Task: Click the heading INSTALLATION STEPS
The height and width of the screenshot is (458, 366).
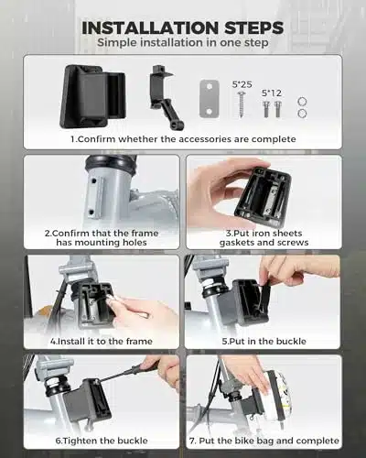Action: coord(183,27)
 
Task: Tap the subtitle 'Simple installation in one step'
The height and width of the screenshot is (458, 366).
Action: coord(183,42)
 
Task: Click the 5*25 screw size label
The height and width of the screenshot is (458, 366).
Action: coord(242,84)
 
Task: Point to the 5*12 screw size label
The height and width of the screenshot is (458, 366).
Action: coord(272,93)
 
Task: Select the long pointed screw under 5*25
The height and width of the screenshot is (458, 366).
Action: coord(242,104)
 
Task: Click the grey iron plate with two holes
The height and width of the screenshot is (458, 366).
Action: coord(210,99)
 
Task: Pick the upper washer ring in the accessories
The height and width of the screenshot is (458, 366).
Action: coord(302,102)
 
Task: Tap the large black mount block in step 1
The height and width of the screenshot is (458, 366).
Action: coord(93,96)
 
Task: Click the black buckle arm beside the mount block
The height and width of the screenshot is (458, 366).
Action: coord(165,96)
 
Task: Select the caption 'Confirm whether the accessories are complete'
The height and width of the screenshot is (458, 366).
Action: coord(183,139)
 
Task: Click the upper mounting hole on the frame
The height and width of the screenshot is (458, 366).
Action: coord(94,181)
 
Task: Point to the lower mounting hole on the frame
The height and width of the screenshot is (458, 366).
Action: coord(91,212)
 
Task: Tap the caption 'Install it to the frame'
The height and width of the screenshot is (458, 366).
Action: coord(102,341)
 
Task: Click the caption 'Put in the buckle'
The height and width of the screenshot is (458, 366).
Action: coord(264,341)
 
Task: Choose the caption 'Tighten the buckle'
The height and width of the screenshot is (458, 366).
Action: coord(102,441)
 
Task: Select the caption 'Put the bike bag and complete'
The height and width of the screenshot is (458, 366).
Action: coord(264,441)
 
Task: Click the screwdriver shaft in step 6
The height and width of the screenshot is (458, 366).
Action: coord(121,373)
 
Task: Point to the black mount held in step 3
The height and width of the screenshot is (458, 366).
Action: coord(263,193)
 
